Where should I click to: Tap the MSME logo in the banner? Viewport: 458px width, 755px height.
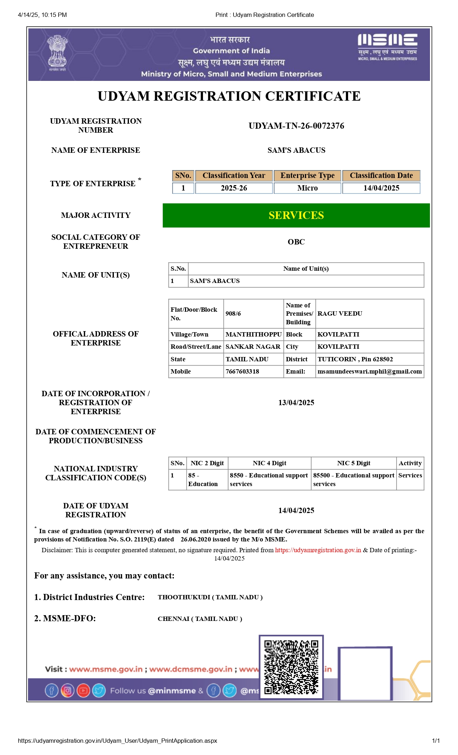point(387,47)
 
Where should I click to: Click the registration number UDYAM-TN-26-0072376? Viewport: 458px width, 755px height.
point(296,126)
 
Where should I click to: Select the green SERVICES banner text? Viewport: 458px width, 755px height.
point(296,215)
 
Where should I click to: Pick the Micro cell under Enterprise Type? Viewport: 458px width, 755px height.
point(307,188)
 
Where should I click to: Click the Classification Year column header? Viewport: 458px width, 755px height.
point(234,175)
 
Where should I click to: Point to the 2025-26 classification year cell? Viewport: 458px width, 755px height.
point(234,188)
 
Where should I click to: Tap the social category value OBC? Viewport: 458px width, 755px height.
point(296,242)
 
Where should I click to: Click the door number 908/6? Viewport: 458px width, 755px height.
point(233,314)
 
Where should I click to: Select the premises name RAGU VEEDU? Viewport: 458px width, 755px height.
point(340,314)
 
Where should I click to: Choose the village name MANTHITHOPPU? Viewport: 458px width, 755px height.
point(254,334)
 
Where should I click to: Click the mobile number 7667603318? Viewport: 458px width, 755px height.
point(242,371)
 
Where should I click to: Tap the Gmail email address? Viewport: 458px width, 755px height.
point(370,371)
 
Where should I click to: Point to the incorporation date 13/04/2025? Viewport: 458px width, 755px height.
point(296,403)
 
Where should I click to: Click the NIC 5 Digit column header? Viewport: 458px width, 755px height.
point(353,463)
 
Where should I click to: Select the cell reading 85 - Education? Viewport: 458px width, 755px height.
point(203,480)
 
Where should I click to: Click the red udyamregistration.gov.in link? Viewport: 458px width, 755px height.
point(318,550)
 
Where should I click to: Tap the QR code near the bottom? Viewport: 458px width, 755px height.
point(291,667)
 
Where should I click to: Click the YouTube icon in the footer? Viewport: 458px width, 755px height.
point(83,691)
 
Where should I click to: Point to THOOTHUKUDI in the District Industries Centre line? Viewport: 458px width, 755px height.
point(184,597)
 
